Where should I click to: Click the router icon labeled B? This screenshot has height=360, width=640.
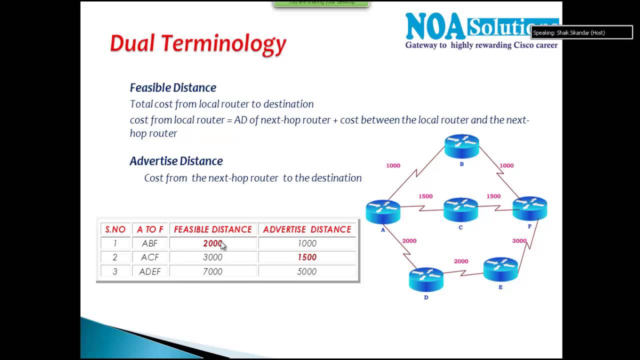click(461, 146)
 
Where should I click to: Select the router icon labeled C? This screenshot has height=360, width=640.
click(460, 209)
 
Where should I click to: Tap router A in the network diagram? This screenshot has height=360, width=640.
click(382, 211)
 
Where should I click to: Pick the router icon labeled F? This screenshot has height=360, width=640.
click(529, 208)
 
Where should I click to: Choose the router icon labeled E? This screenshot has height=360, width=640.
click(500, 269)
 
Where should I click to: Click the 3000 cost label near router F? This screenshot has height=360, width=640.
click(519, 241)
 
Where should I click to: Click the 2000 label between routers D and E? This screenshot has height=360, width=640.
click(460, 261)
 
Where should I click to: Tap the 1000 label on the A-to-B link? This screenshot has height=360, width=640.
click(393, 165)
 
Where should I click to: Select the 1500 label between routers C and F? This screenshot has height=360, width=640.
click(493, 196)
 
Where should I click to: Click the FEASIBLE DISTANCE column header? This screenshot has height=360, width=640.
click(213, 229)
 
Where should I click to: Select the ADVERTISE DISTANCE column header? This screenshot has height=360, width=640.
click(307, 229)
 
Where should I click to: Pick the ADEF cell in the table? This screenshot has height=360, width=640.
click(149, 271)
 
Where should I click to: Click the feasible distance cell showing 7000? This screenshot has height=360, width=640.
click(212, 271)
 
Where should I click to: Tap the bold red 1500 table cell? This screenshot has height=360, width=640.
click(307, 257)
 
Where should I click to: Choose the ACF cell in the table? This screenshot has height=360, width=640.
click(149, 257)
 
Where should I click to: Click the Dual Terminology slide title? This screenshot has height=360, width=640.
click(198, 43)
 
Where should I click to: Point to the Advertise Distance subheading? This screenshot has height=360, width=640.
click(176, 161)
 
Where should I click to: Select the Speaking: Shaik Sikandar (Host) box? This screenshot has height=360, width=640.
click(581, 33)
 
